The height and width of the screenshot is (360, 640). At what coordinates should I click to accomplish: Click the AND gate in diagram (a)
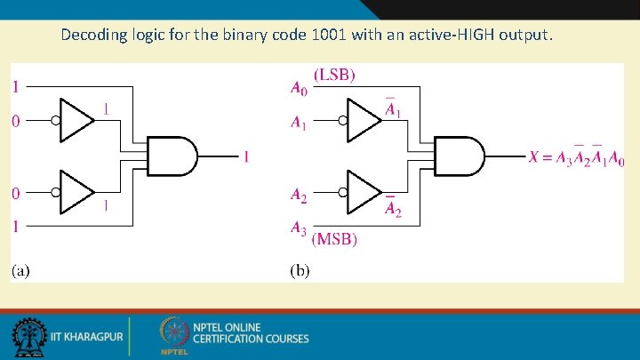tap(172, 156)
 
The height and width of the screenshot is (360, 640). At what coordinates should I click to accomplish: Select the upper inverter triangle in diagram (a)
tap(78, 122)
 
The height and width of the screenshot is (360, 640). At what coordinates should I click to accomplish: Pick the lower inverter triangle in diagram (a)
tap(78, 191)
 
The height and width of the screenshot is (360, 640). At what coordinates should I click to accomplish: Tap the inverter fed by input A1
tap(364, 121)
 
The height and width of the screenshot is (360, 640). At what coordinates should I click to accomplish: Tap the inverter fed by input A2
tap(364, 191)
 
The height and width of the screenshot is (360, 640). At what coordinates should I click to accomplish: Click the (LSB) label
tap(335, 76)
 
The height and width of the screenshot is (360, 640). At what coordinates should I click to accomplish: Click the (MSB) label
tap(336, 239)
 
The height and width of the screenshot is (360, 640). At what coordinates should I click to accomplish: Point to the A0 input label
tap(299, 87)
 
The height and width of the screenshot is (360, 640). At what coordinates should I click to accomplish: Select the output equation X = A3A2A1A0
tap(577, 157)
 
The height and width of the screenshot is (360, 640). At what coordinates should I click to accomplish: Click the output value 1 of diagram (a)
tap(246, 157)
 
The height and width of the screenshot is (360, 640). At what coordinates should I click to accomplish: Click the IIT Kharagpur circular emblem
tap(28, 337)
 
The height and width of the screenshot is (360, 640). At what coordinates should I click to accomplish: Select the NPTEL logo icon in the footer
tap(174, 336)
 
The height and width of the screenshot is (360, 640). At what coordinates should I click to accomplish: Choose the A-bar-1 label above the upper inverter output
tap(390, 108)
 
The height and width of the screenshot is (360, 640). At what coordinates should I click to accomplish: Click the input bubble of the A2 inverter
tap(343, 191)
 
